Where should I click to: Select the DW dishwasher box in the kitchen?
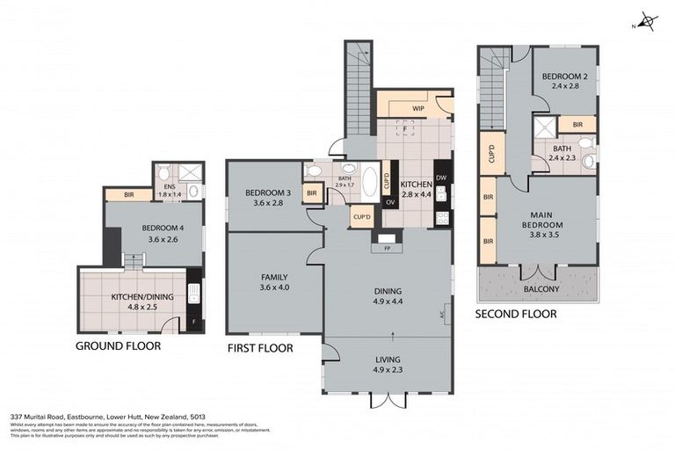441,178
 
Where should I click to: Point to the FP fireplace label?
386,248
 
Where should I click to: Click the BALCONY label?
535,287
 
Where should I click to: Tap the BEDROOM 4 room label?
154,228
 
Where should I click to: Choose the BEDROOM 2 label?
563,76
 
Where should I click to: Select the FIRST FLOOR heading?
259,348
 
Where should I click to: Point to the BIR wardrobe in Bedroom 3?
311,192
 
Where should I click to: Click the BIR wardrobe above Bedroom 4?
128,194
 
